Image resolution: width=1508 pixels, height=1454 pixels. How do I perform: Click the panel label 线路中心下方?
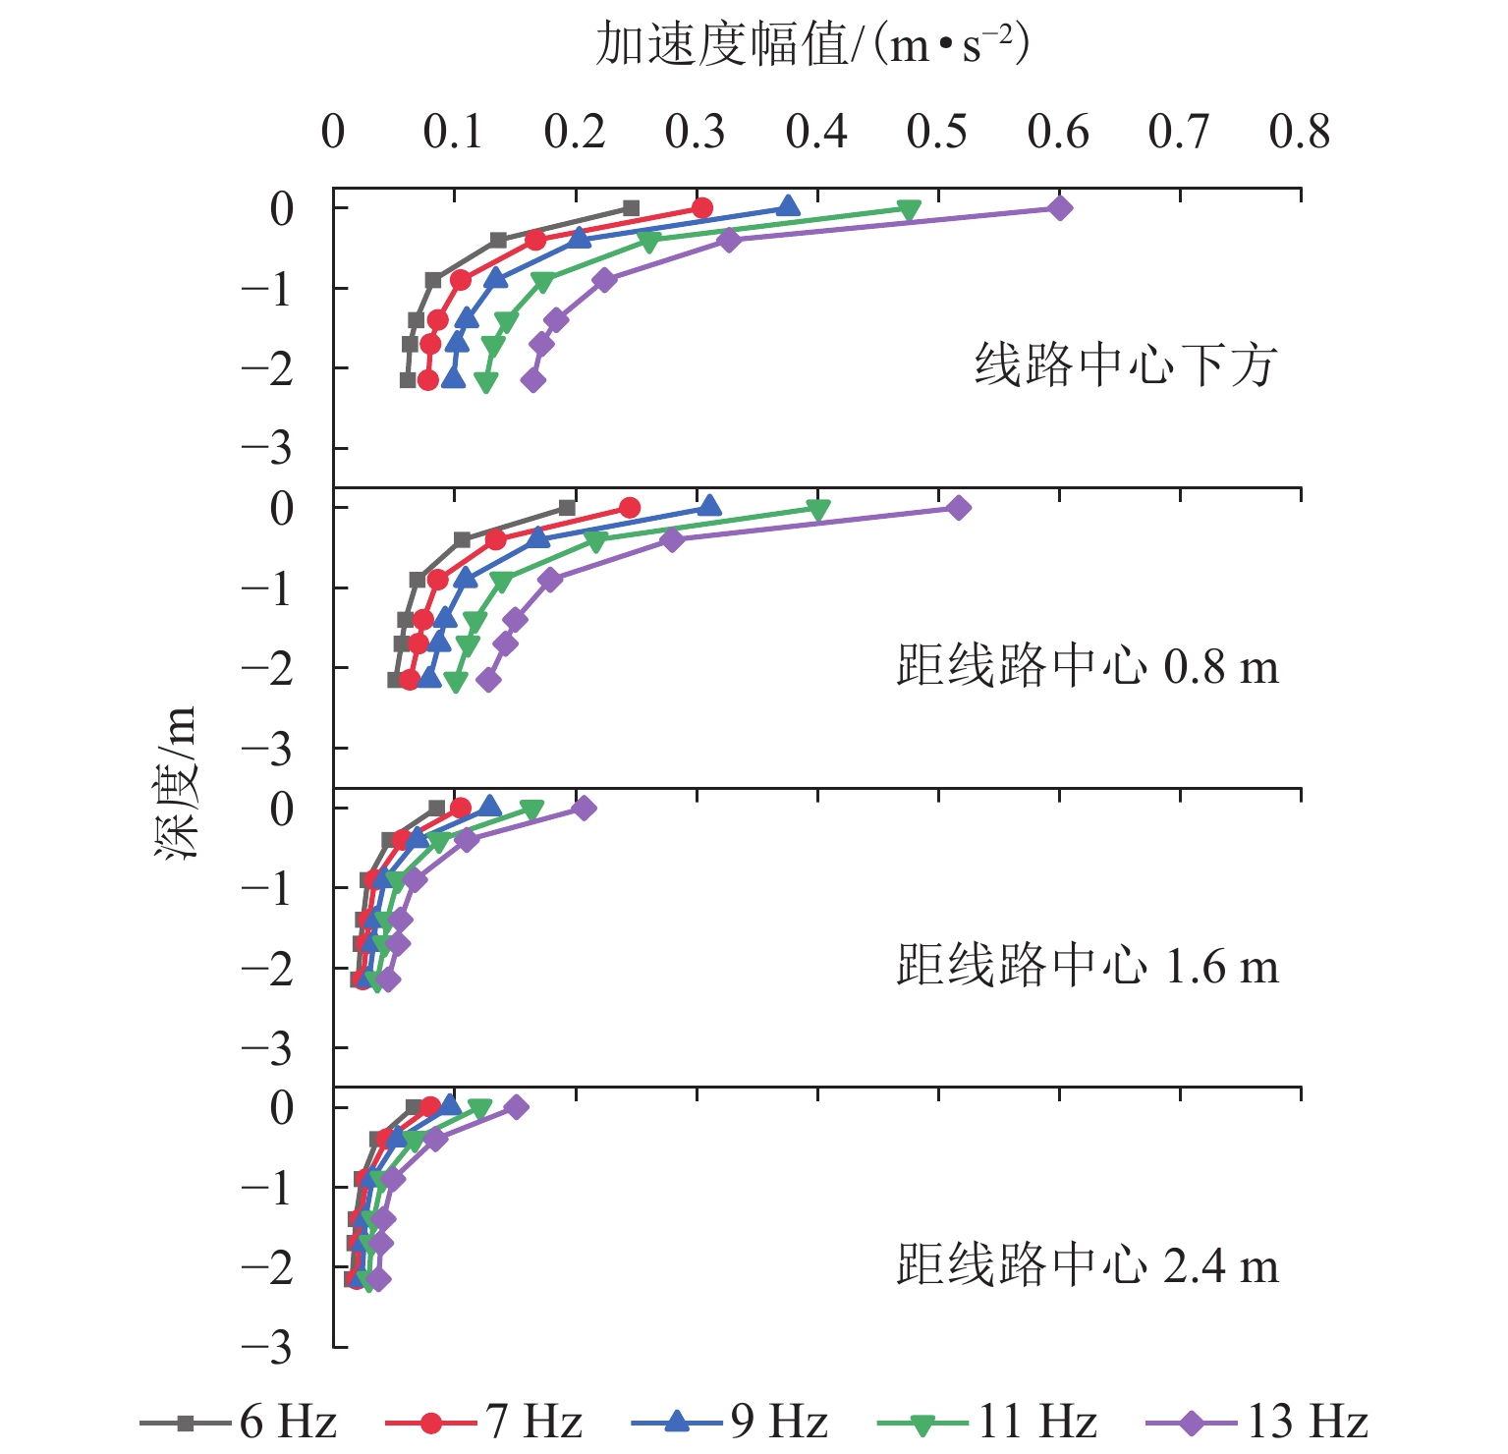coord(1125,365)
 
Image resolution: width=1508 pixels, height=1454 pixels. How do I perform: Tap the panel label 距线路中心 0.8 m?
coord(1088,667)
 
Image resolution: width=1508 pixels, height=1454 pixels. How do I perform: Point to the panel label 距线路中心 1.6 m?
coord(1088,967)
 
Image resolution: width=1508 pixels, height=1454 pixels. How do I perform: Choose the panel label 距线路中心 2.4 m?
coord(1088,1266)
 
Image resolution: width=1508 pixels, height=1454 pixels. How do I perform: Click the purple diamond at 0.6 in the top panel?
coord(1059,208)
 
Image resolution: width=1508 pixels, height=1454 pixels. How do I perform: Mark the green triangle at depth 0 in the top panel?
coord(909,210)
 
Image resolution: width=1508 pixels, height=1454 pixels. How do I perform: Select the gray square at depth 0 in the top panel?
coord(631,208)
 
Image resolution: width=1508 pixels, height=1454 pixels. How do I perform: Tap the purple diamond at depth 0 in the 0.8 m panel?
coord(959,508)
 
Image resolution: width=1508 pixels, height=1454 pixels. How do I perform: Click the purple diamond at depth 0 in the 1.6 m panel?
coord(585,809)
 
